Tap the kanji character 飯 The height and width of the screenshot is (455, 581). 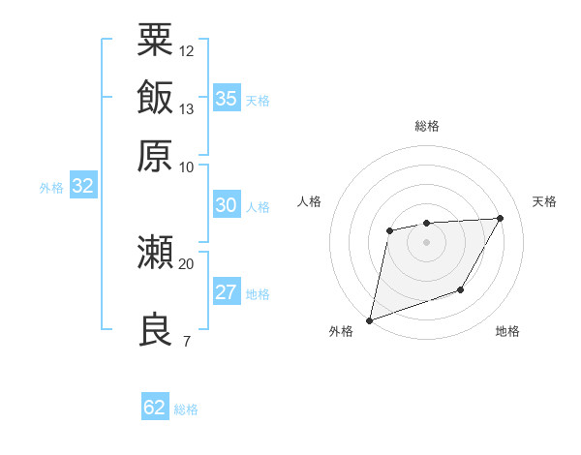click(155, 98)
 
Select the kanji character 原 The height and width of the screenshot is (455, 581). click(155, 155)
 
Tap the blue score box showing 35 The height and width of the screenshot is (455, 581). click(227, 99)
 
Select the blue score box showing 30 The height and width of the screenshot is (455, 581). click(227, 205)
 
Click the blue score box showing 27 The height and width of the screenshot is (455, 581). click(227, 292)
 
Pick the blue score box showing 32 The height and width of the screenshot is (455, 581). click(82, 187)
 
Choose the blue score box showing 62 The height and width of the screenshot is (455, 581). click(155, 408)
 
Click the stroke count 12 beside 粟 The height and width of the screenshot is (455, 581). click(187, 50)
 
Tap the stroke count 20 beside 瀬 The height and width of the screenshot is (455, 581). click(187, 262)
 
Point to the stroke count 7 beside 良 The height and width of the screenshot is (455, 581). click(186, 340)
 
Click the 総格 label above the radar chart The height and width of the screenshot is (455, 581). click(427, 126)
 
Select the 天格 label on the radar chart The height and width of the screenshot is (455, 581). click(544, 201)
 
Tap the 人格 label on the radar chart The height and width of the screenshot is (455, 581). click(310, 201)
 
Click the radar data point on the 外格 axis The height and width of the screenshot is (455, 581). click(369, 319)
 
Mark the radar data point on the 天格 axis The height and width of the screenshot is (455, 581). click(501, 218)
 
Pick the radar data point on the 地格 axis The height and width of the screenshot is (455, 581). click(462, 289)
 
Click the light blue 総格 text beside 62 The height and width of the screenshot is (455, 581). click(186, 409)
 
